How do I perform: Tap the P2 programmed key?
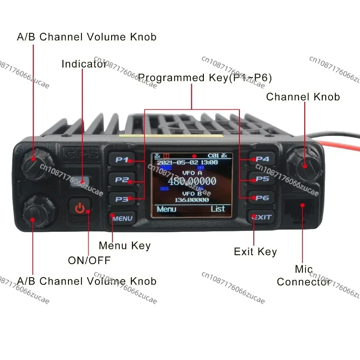pyautogui.click(x=121, y=179)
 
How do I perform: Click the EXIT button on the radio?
pyautogui.click(x=261, y=217)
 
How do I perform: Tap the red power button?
pyautogui.click(x=80, y=209)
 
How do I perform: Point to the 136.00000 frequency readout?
pyautogui.click(x=192, y=200)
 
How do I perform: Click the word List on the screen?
pyautogui.click(x=218, y=209)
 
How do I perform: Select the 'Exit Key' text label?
pyautogui.click(x=255, y=252)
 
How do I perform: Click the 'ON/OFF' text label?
pyautogui.click(x=89, y=260)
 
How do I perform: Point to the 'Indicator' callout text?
pyautogui.click(x=84, y=64)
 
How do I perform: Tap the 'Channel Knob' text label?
pyautogui.click(x=303, y=97)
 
